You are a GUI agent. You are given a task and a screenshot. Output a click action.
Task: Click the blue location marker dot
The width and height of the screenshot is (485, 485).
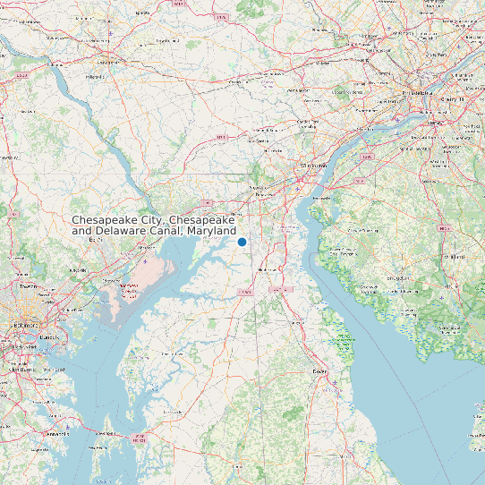coord(242,242)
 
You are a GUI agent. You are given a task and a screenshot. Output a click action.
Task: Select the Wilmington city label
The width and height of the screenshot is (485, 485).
coord(314,166)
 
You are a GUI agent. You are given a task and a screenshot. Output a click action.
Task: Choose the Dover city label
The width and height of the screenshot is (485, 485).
coord(319,370)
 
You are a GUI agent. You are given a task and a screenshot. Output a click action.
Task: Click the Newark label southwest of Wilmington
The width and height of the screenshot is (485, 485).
coord(263,193)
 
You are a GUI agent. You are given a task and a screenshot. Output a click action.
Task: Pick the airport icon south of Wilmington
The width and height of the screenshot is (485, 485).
coord(295,189)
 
